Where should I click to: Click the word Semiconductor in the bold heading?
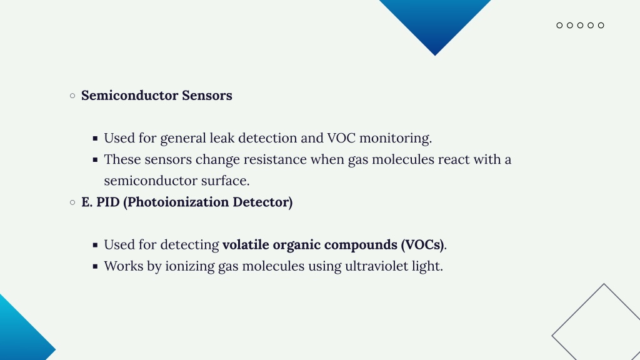click(x=130, y=96)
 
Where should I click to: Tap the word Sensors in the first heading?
click(x=207, y=96)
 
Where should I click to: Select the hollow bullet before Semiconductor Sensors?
click(x=72, y=96)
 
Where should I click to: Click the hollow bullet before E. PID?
click(x=72, y=202)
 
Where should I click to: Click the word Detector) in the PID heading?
click(x=262, y=202)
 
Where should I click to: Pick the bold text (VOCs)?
click(x=422, y=245)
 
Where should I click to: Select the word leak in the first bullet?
click(x=222, y=138)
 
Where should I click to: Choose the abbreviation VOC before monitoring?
click(x=341, y=138)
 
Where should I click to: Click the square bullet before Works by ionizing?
click(x=95, y=266)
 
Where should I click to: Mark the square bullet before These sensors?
click(x=95, y=160)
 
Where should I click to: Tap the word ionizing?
click(x=190, y=266)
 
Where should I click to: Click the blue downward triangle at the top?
click(x=435, y=21)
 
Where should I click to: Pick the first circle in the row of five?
click(x=559, y=25)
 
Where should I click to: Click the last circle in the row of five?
click(x=601, y=25)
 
